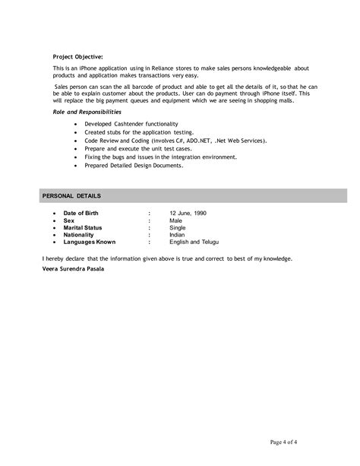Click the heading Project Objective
pos(78,56)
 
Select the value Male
pos(176,221)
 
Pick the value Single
pos(178,228)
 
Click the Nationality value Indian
pos(178,235)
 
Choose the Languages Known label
pos(90,242)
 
